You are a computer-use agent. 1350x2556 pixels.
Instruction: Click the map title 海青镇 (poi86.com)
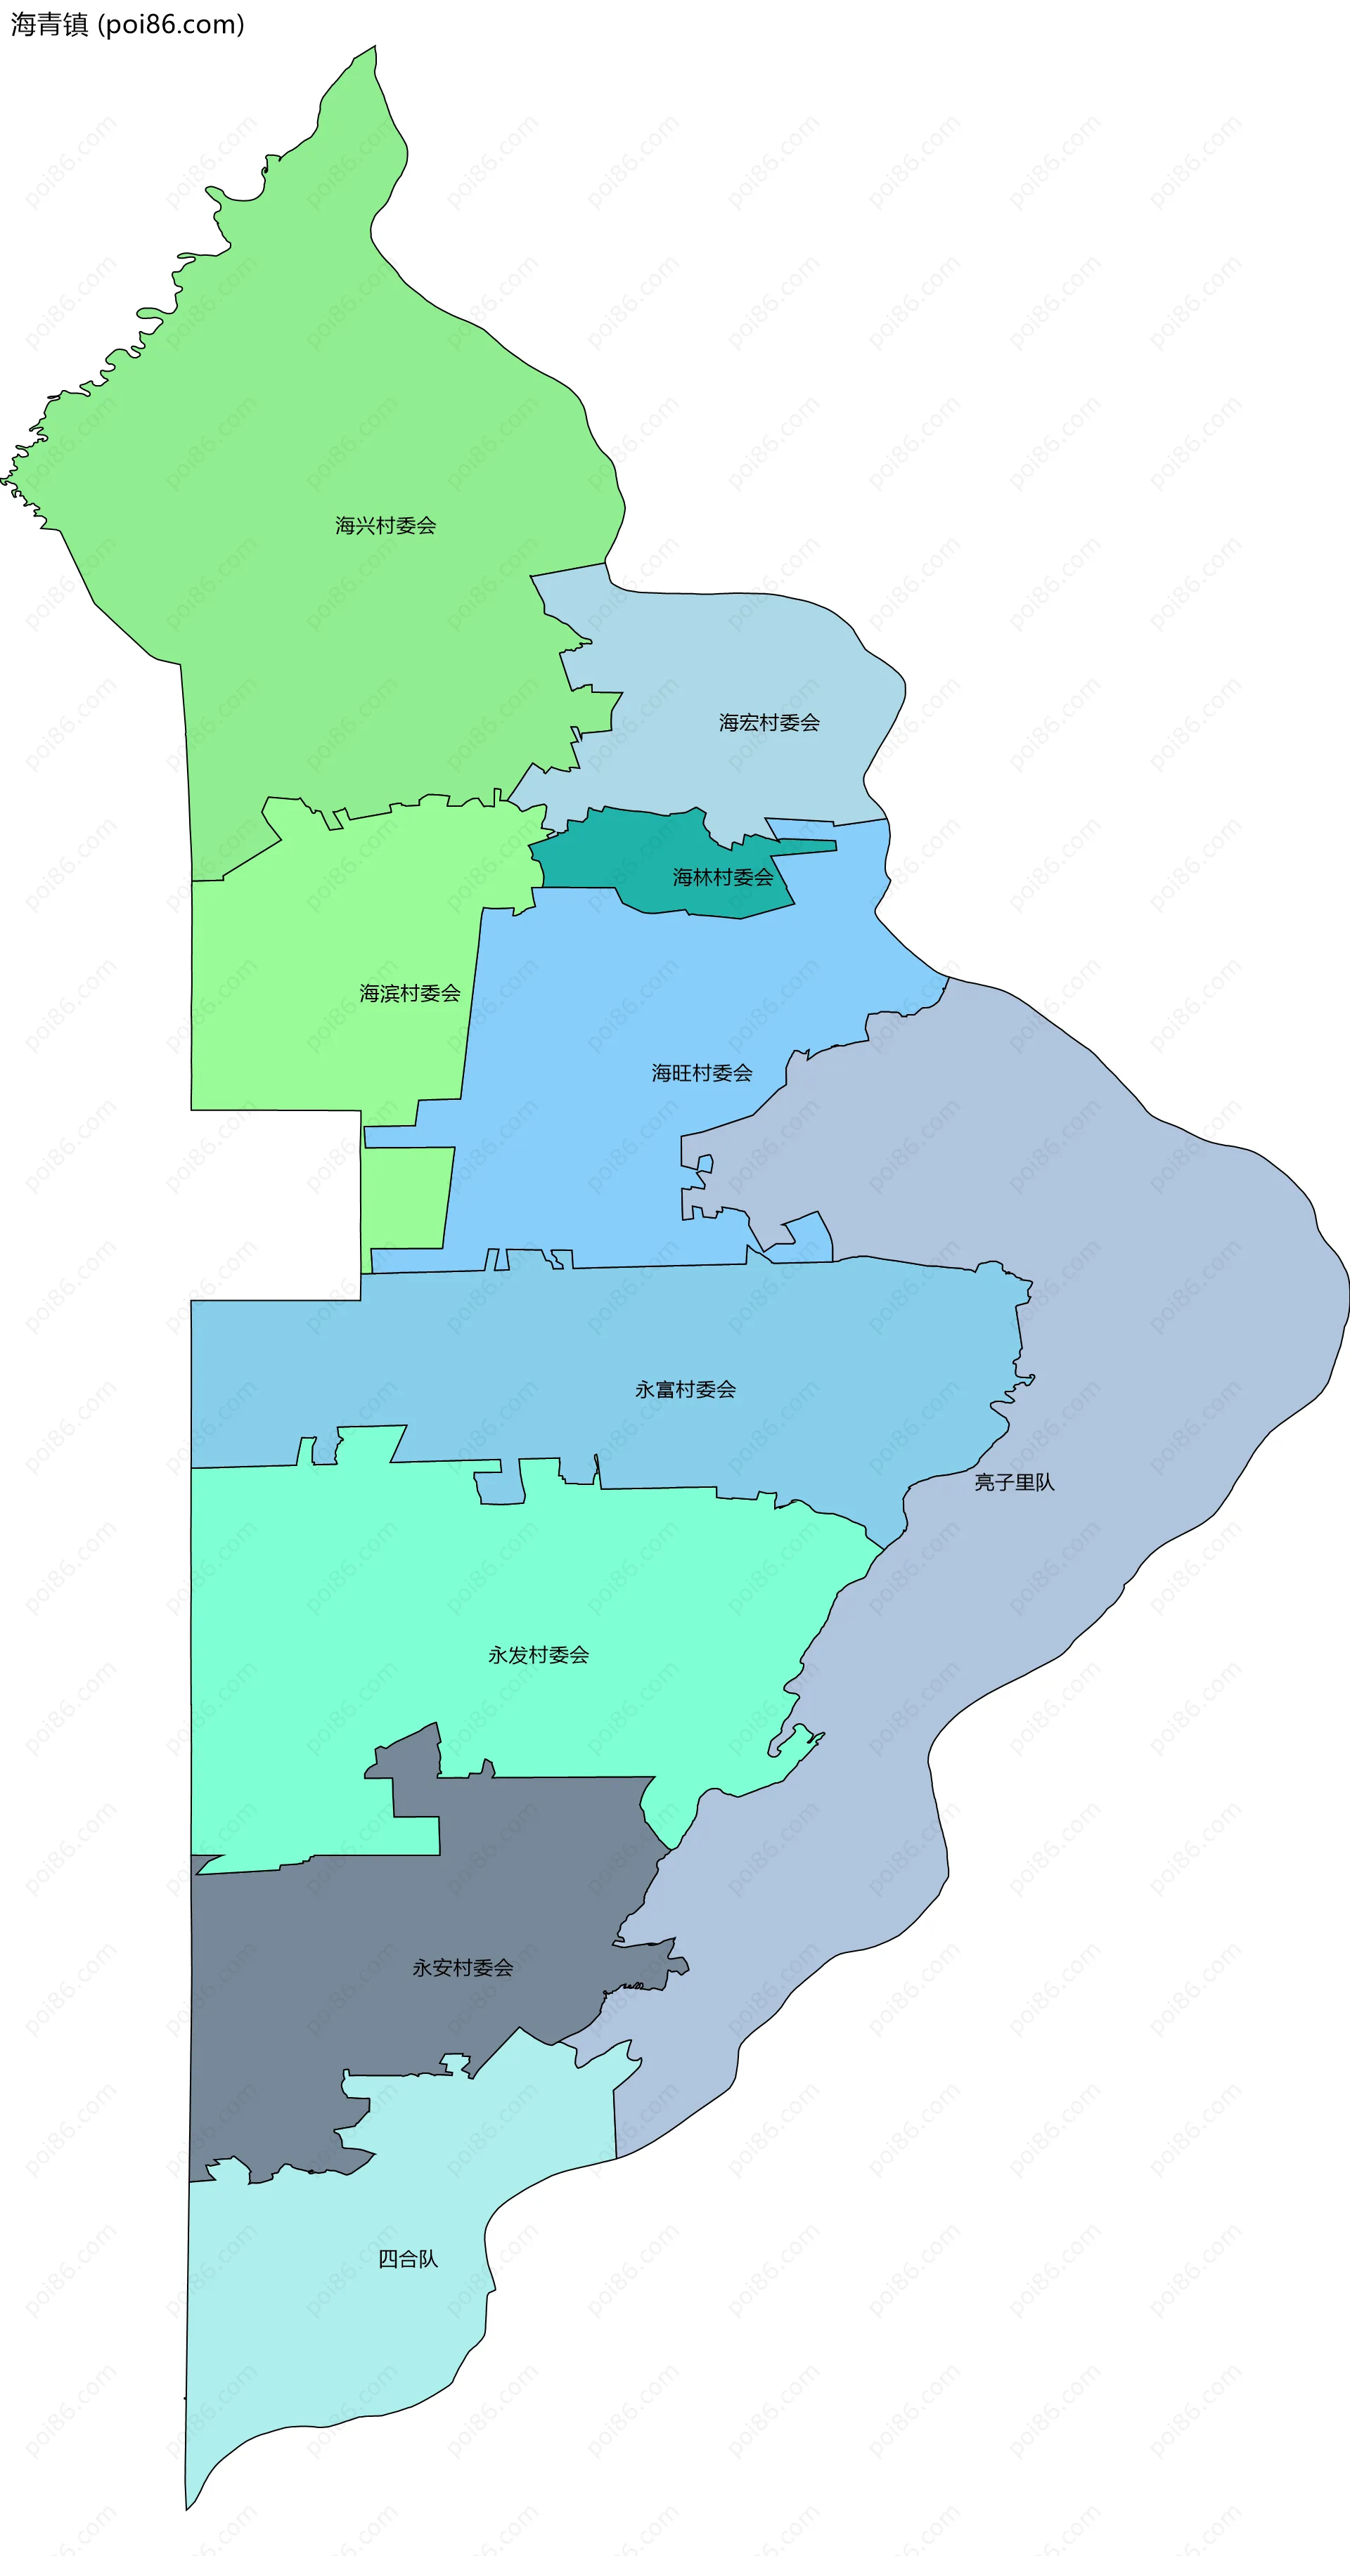[x=127, y=24]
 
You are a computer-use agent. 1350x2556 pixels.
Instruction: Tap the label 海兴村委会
[x=385, y=525]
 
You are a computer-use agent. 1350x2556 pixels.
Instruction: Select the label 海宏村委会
[x=769, y=722]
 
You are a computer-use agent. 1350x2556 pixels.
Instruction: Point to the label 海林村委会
[x=723, y=877]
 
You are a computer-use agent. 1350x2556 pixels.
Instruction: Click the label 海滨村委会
[x=410, y=993]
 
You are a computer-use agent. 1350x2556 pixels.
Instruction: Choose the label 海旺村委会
[x=702, y=1072]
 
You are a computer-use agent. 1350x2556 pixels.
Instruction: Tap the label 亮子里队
[x=1013, y=1482]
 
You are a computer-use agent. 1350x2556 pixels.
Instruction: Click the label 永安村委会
[x=463, y=1968]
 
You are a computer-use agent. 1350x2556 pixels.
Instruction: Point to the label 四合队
[x=408, y=2259]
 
